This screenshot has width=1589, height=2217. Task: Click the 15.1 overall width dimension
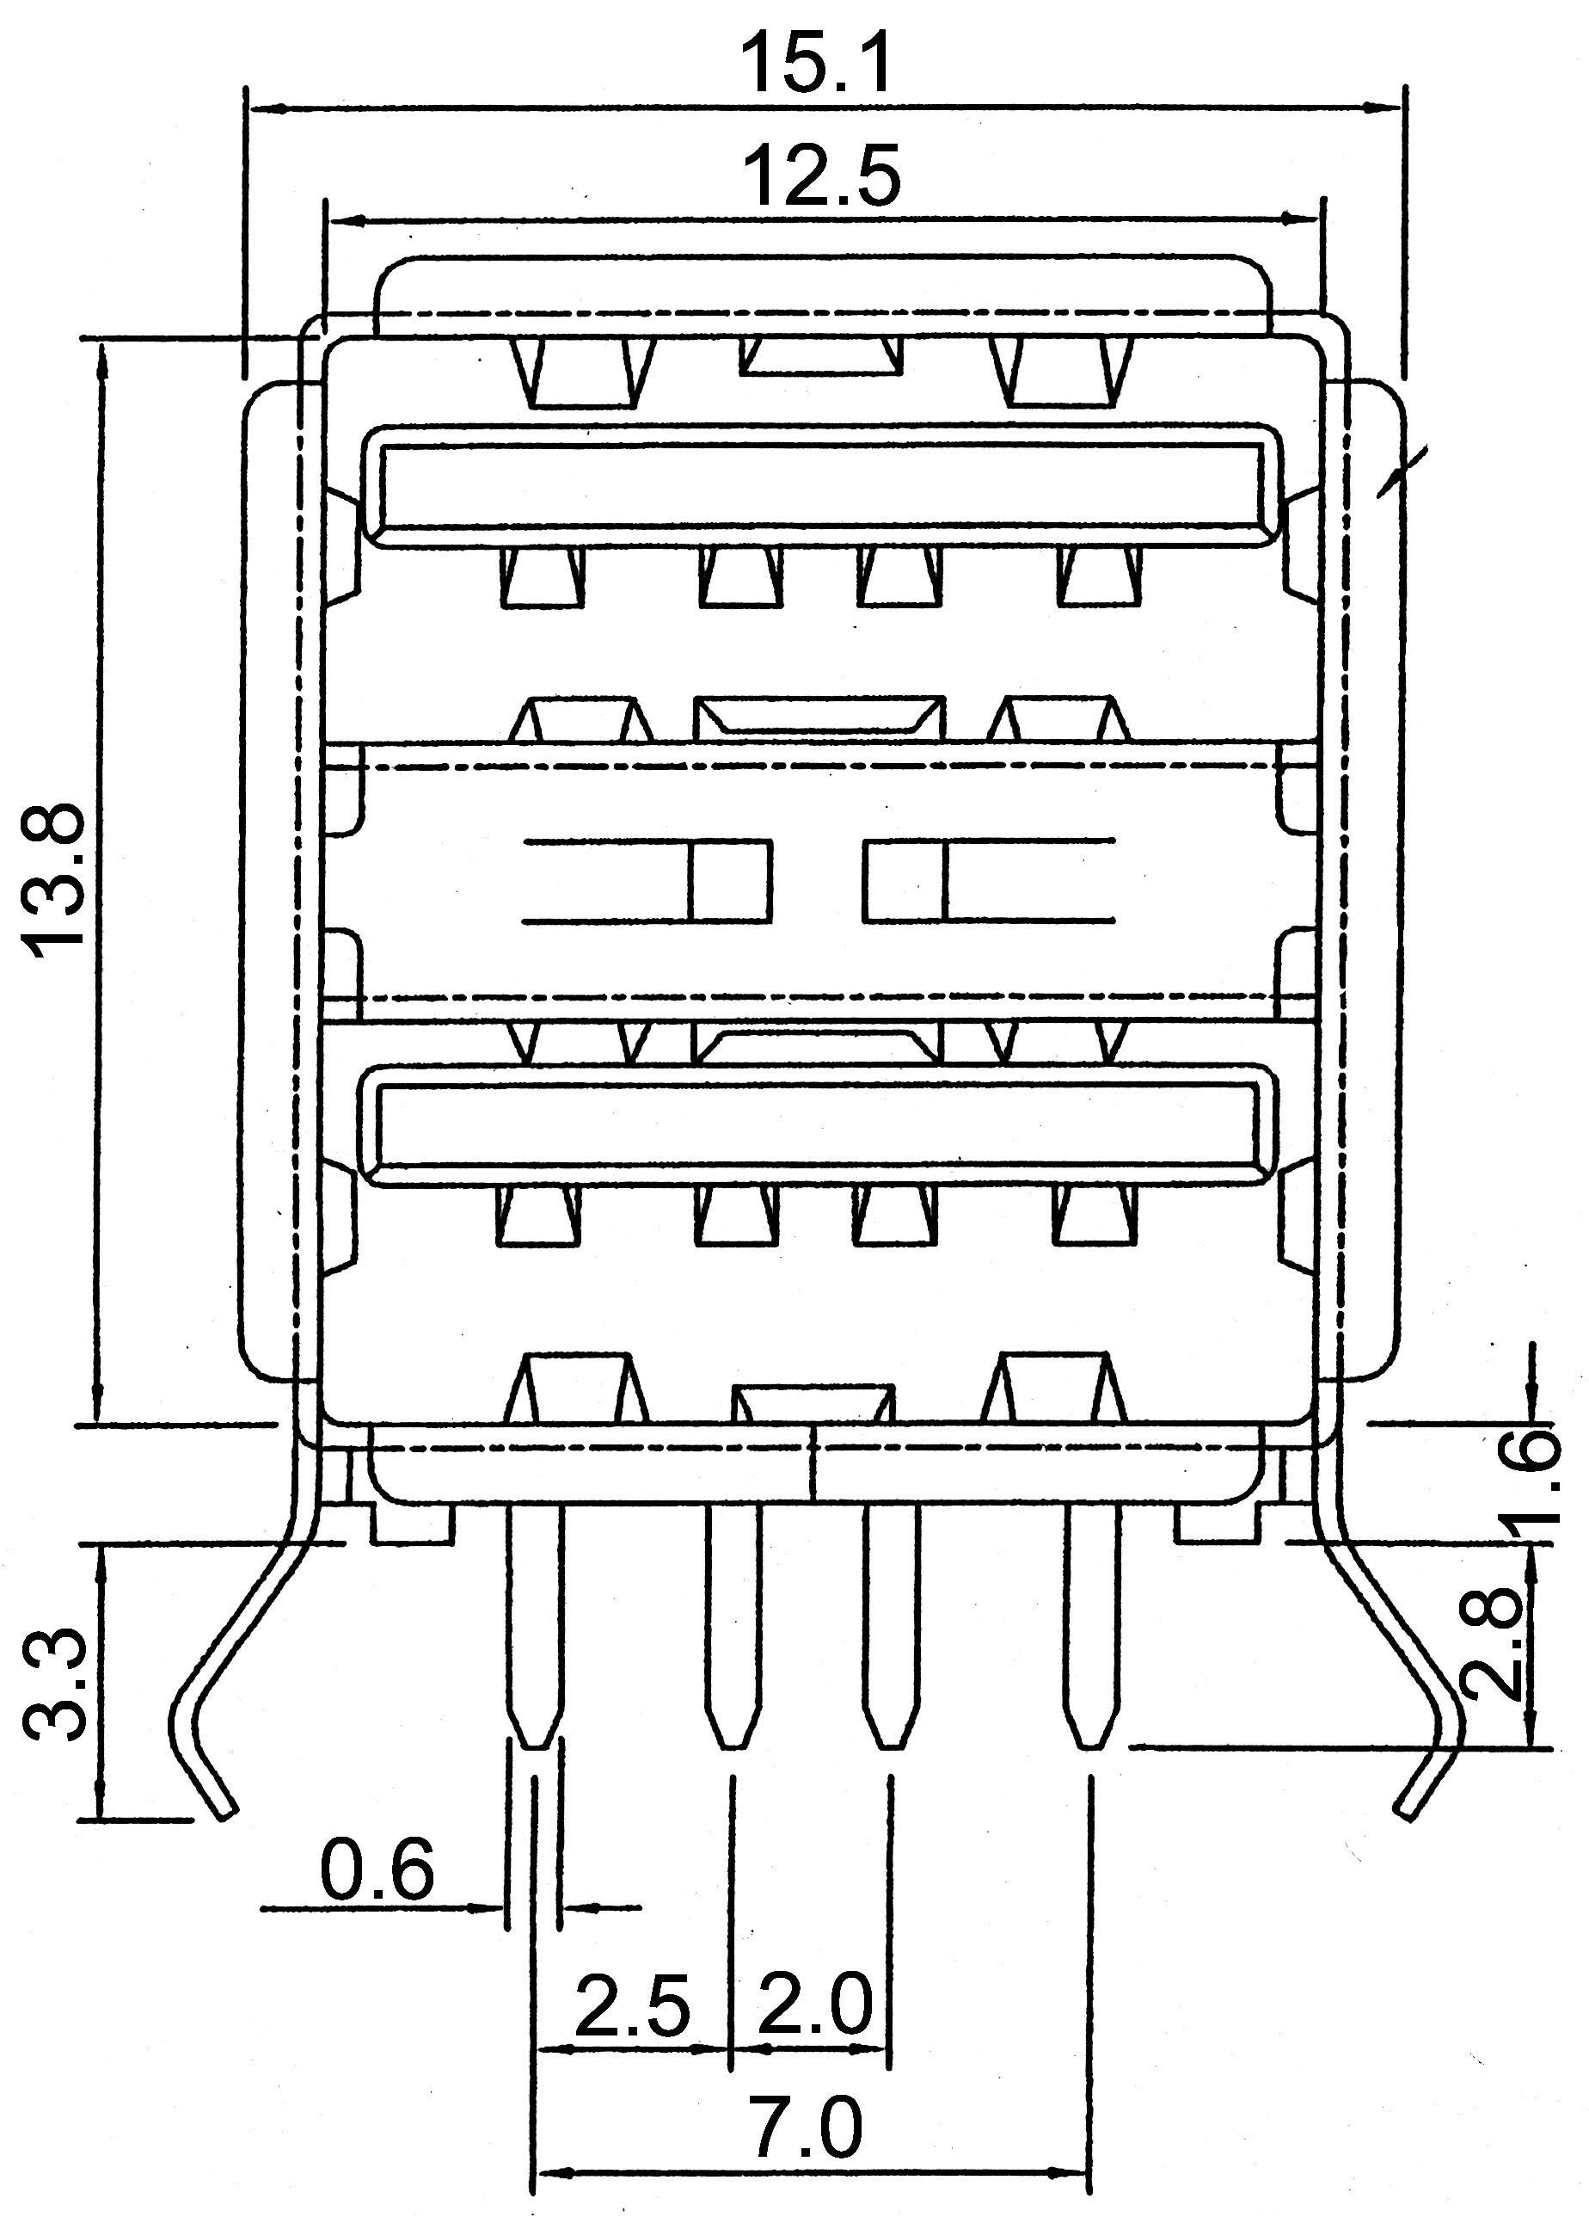[x=817, y=63]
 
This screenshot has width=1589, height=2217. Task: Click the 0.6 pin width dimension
[x=377, y=1869]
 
